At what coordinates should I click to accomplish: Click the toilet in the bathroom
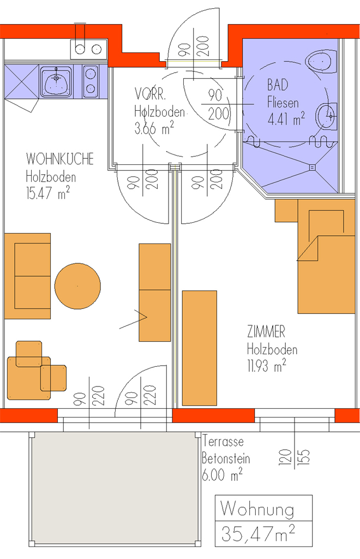click(321, 61)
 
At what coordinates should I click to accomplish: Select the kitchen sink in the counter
click(56, 82)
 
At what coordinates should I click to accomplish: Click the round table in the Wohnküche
click(77, 286)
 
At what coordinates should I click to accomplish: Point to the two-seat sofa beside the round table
click(27, 276)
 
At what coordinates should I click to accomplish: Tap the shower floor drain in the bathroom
click(313, 167)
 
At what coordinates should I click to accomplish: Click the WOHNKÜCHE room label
click(60, 159)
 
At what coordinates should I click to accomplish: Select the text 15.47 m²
click(47, 193)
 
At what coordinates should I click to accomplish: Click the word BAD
click(278, 85)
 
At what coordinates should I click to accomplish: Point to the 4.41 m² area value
click(286, 118)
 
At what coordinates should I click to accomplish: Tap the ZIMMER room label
click(266, 331)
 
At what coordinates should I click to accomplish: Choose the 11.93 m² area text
click(267, 366)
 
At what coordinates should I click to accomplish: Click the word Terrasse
click(223, 441)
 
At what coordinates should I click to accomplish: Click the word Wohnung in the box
click(257, 509)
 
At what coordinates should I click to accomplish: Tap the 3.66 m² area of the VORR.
click(154, 128)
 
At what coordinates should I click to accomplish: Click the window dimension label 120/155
click(294, 457)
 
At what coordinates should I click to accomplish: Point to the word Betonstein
click(226, 459)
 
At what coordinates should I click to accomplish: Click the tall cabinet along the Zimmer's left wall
click(200, 348)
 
